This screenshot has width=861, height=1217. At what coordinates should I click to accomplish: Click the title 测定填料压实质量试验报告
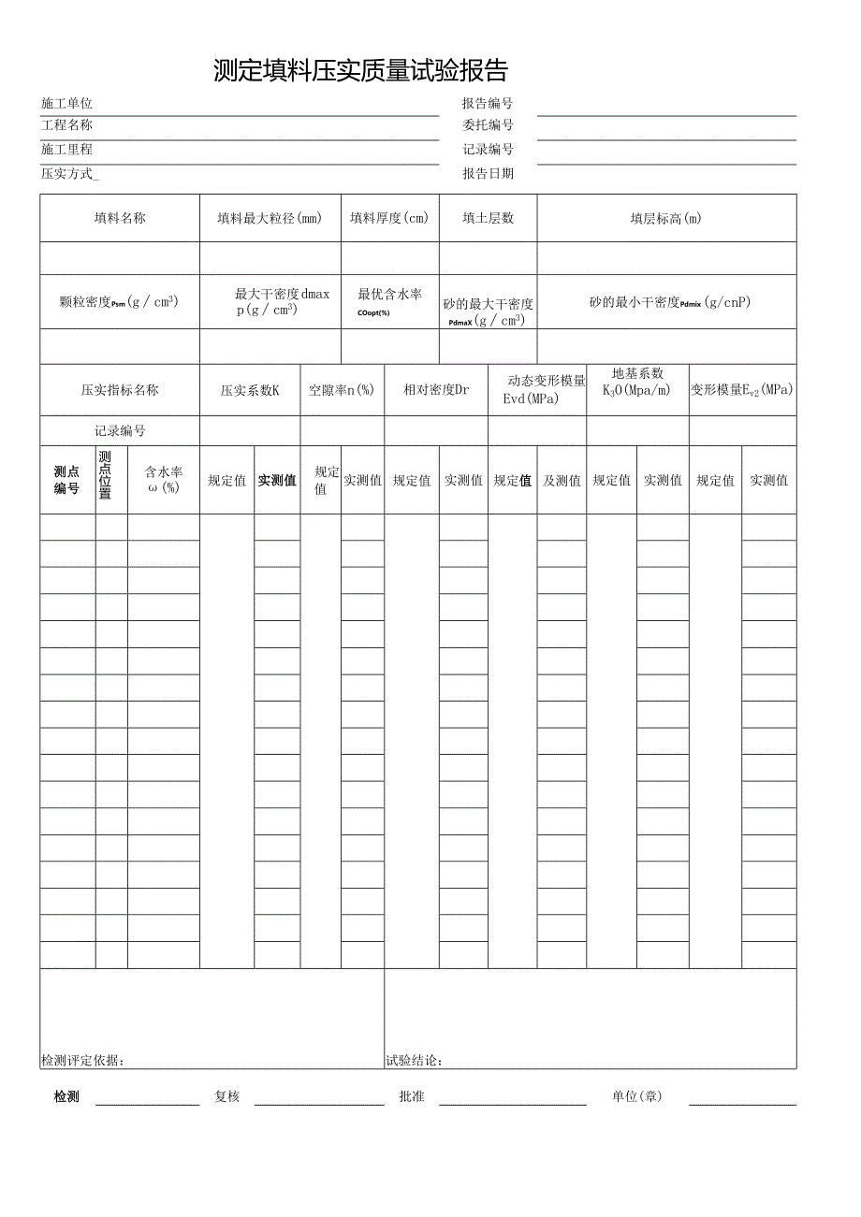click(x=360, y=71)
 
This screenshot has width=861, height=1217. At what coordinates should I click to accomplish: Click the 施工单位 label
click(x=66, y=104)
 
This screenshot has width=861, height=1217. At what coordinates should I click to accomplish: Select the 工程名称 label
click(x=66, y=125)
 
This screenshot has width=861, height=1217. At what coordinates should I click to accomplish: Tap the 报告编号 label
click(x=488, y=104)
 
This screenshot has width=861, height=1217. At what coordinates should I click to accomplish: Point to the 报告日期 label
click(x=488, y=173)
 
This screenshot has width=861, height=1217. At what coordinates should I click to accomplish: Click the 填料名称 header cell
click(x=120, y=218)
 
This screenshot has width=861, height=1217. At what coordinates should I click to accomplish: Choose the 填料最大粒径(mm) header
click(x=270, y=218)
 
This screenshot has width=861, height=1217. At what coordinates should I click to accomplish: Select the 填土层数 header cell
click(x=488, y=218)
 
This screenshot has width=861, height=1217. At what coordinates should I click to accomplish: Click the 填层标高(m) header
click(x=665, y=218)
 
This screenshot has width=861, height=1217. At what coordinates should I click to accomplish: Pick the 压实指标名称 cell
click(x=120, y=390)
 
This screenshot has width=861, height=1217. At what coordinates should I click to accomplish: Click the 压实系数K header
click(x=250, y=390)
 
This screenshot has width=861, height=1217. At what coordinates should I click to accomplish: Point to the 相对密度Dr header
click(x=436, y=390)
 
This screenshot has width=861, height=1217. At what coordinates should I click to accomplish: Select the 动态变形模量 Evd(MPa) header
click(x=537, y=390)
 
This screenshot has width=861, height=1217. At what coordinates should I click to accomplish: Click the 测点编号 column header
click(x=66, y=480)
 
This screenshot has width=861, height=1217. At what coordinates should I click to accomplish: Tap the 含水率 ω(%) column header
click(x=164, y=480)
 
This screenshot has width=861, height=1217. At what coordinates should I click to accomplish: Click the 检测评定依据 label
click(x=82, y=1060)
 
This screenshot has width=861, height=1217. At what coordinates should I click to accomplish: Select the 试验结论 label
click(x=414, y=1060)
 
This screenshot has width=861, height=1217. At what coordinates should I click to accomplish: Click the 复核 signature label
click(x=227, y=1096)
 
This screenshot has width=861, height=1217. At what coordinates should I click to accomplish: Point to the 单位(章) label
click(x=636, y=1096)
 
